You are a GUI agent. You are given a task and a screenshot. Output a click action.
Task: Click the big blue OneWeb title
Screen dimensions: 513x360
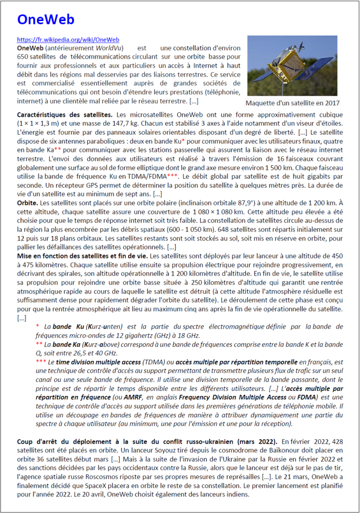[46, 20]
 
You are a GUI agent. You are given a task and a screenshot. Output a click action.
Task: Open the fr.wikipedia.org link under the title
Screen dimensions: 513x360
[68, 40]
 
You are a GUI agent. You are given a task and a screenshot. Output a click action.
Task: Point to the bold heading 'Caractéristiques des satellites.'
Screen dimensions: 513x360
[65, 115]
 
